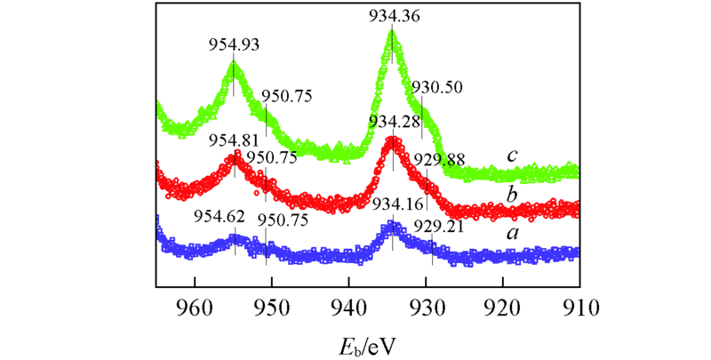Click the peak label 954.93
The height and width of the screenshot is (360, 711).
coord(233,45)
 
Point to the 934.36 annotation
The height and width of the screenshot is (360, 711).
coord(392,14)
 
